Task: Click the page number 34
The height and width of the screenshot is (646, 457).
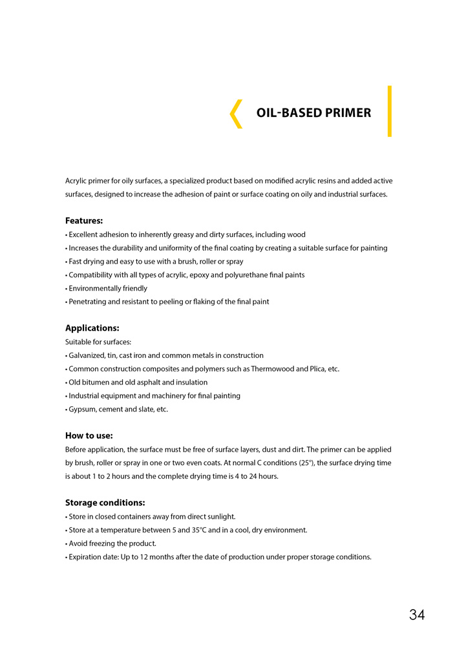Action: [x=417, y=615]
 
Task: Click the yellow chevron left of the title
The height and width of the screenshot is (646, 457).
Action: [x=237, y=114]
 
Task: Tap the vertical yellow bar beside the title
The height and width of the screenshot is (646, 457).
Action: [x=390, y=111]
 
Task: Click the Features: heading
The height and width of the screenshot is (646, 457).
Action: [x=84, y=221]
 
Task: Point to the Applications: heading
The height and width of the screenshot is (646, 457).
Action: [x=92, y=328]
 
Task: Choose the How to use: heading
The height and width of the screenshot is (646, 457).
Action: [x=89, y=435]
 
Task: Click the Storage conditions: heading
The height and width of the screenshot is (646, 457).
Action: [x=105, y=503]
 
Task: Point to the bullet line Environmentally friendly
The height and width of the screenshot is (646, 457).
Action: [x=107, y=288]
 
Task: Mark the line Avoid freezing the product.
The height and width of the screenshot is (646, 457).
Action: [x=112, y=543]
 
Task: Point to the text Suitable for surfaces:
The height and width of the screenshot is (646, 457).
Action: [x=98, y=342]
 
